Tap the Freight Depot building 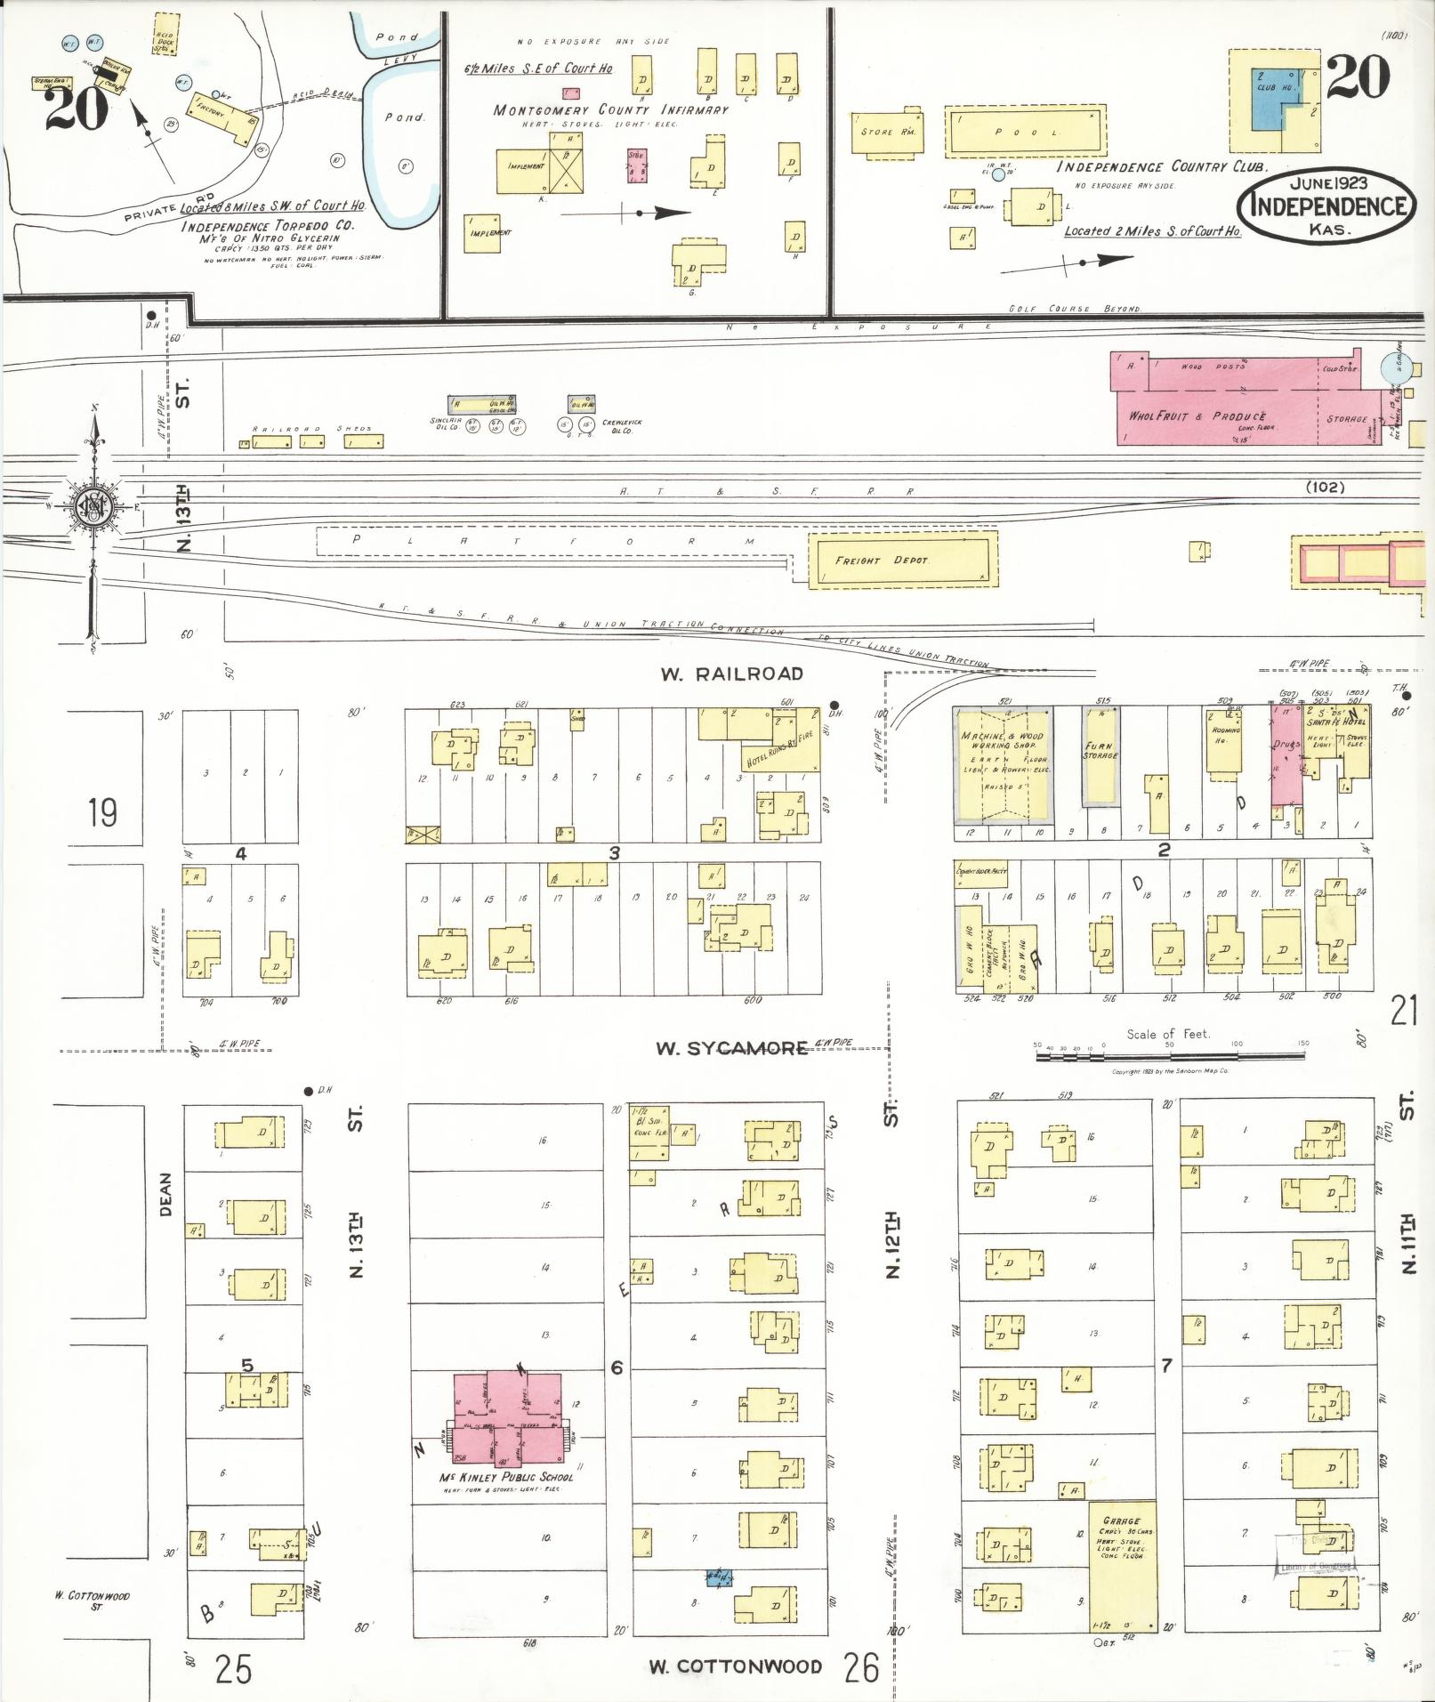pyautogui.click(x=902, y=560)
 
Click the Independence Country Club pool pyautogui.click(x=1025, y=132)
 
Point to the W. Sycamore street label pyautogui.click(x=731, y=1048)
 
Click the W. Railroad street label pyautogui.click(x=731, y=674)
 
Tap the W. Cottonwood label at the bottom pyautogui.click(x=734, y=1666)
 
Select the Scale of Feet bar pyautogui.click(x=1170, y=1057)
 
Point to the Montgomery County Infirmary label pyautogui.click(x=610, y=110)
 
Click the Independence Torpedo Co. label pyautogui.click(x=267, y=226)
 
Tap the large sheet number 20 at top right pyautogui.click(x=1357, y=77)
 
